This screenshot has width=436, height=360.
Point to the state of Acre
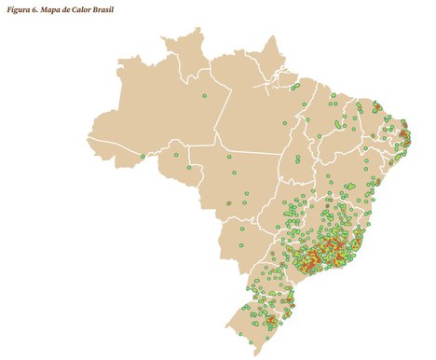[x=112, y=162]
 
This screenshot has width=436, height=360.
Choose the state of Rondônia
[x=177, y=177]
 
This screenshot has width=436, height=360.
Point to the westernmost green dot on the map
[x=143, y=156]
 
